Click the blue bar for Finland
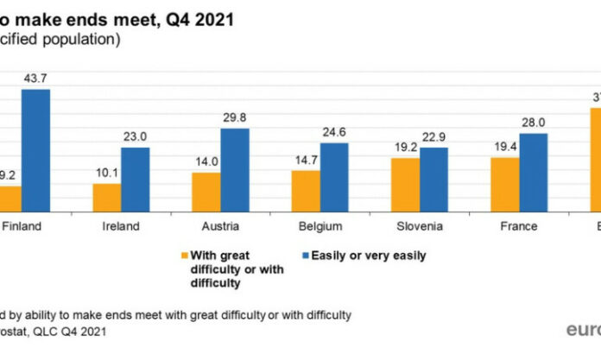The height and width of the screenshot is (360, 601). click(35, 151)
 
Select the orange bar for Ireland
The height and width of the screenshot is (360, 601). click(106, 197)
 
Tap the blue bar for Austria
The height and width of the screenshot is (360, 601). click(235, 170)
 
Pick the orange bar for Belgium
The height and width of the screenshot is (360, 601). click(306, 191)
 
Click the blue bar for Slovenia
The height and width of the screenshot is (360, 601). click(434, 180)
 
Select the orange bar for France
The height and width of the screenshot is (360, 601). click(505, 185)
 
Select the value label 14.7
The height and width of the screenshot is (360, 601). click(306, 161)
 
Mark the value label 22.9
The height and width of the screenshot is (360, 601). click(434, 138)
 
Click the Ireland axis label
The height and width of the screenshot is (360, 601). click(120, 226)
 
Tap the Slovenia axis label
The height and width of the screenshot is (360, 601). click(420, 226)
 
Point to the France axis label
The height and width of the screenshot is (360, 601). click(519, 226)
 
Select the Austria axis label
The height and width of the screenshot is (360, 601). click(220, 226)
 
